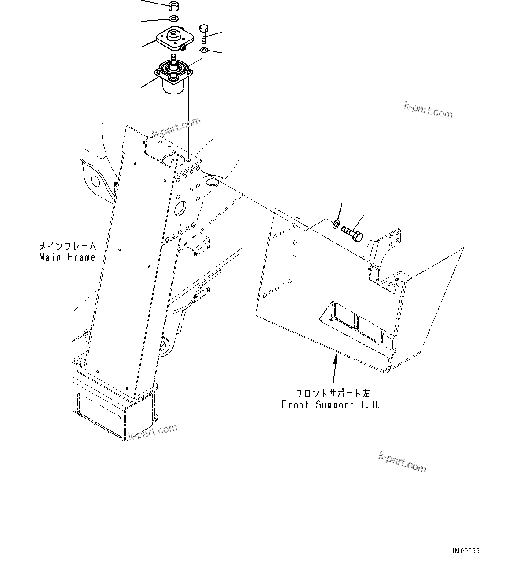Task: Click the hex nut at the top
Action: (x=173, y=6)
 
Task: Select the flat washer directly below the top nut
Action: (x=173, y=18)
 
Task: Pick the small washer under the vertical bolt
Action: (x=204, y=51)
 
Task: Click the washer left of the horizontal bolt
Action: (x=336, y=224)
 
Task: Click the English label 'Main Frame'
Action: (x=67, y=257)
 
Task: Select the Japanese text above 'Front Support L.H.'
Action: (x=333, y=393)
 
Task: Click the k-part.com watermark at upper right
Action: (x=428, y=110)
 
